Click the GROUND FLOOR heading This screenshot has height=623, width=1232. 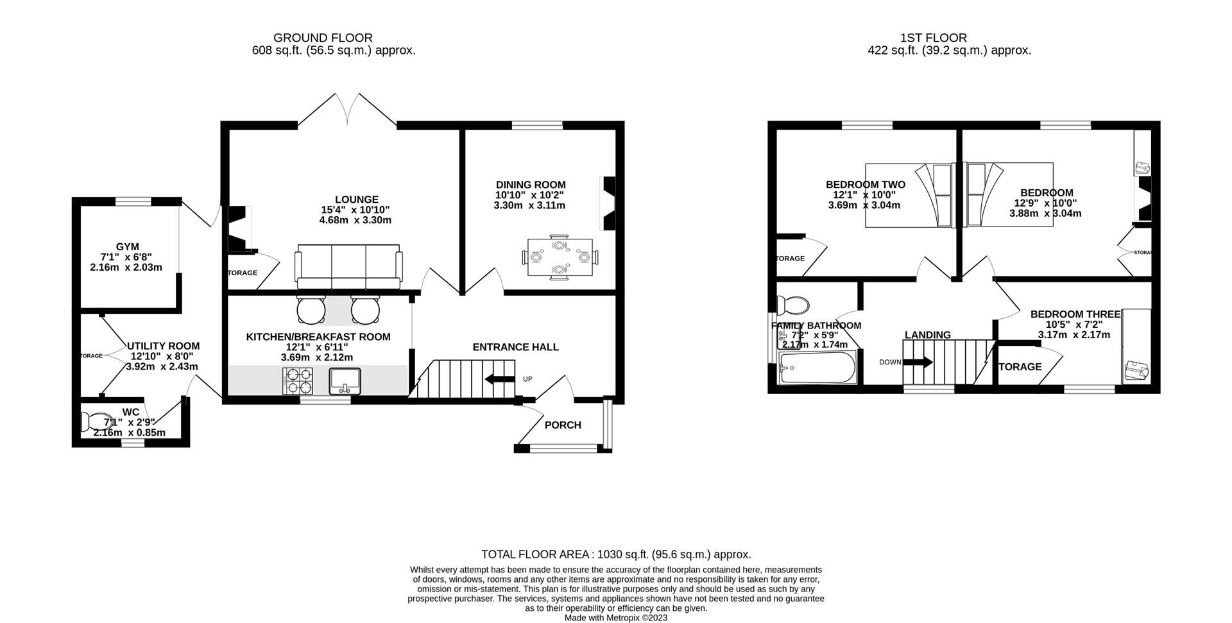pos(323,38)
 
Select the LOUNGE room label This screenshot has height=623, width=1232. pos(356,200)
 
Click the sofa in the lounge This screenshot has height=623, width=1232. pos(348,266)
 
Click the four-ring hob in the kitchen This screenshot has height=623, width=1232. pos(297,381)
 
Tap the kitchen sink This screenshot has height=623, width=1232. pos(345,381)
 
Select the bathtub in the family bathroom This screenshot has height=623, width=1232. pos(817,369)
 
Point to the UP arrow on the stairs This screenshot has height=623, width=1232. pos(500,379)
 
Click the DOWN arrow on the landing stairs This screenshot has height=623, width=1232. pos(918,362)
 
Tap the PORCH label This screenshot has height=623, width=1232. pos(563,425)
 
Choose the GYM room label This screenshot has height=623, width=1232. pos(127,246)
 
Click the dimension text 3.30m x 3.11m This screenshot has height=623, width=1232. pos(529,205)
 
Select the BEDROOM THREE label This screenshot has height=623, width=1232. pos(1075,314)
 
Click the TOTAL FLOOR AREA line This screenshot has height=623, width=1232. pos(616,554)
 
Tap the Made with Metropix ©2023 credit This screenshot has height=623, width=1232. pos(616,617)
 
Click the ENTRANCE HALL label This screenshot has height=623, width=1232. pos(515,347)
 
